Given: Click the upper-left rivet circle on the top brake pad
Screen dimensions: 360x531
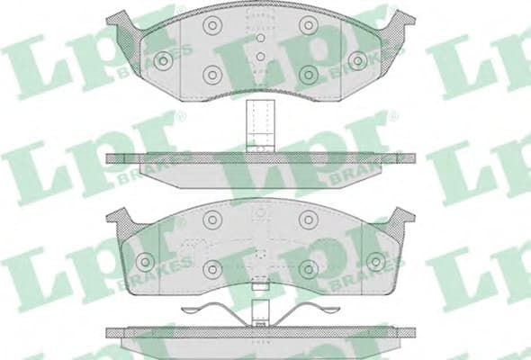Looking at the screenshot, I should (211, 25).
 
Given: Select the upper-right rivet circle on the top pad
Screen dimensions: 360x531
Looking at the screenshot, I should (309, 25).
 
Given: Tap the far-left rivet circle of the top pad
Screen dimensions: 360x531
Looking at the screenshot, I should (163, 60).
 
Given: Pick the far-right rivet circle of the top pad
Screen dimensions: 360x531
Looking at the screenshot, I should (358, 60).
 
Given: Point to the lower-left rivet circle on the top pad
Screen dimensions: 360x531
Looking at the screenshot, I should (212, 74).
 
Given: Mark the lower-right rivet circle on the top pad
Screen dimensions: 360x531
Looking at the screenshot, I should (309, 74).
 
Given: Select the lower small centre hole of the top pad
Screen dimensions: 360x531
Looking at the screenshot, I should (260, 57).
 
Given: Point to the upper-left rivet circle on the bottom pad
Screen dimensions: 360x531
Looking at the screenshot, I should (211, 219).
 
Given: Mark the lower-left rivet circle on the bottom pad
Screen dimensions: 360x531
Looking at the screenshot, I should (212, 268).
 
